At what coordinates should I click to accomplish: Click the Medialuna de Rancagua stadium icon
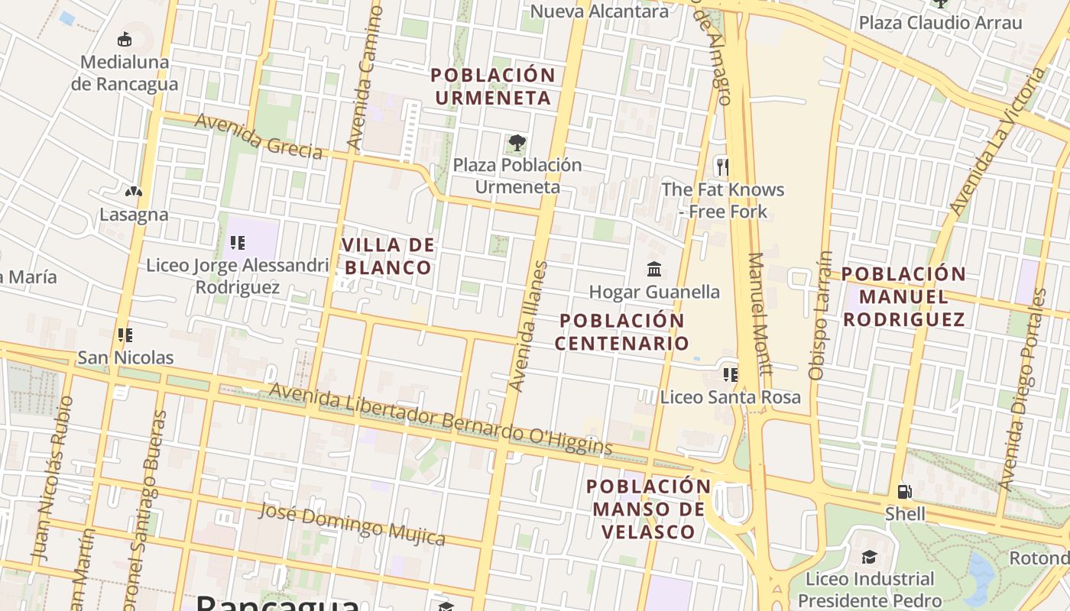click(125, 39)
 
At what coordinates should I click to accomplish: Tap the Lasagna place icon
click(134, 191)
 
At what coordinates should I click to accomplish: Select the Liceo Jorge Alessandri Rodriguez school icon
click(238, 243)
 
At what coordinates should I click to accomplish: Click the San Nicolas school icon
click(125, 335)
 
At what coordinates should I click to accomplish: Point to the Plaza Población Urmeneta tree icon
click(517, 142)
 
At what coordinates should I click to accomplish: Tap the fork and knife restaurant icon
click(721, 166)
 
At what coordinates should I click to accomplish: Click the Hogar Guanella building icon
click(654, 269)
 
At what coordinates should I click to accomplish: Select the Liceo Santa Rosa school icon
click(730, 374)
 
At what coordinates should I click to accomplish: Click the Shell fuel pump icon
click(905, 491)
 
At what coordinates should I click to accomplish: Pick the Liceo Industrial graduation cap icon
click(869, 556)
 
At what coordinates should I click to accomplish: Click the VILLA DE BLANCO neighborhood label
click(388, 256)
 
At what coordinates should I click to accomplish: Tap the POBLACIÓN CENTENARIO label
click(621, 331)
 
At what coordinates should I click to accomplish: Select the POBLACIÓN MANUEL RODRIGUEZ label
click(904, 296)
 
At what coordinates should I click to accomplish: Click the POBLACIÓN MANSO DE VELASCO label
click(648, 509)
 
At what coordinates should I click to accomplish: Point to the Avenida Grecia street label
click(258, 136)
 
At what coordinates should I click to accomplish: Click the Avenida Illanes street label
click(529, 327)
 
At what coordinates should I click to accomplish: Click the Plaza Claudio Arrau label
click(940, 23)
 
